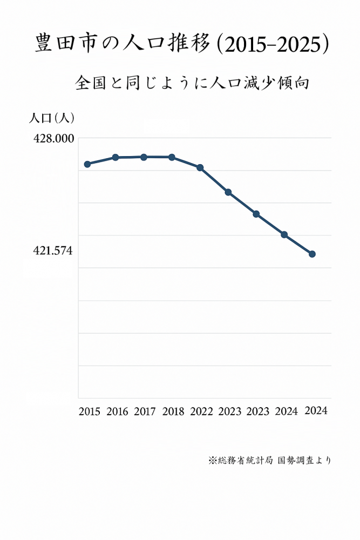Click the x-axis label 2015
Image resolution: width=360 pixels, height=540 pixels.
tap(89, 412)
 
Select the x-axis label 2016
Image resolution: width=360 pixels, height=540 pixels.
tap(117, 412)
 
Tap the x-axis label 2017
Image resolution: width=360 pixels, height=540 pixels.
tap(145, 412)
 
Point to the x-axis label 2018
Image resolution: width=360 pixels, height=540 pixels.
tap(173, 412)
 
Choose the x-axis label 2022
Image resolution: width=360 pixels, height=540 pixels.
tap(201, 412)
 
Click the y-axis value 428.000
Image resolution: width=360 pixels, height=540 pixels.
tap(53, 139)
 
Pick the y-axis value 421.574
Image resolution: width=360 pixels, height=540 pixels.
tap(53, 251)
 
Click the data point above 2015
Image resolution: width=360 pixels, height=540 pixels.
tap(87, 164)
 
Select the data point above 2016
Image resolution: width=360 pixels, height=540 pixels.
tap(116, 158)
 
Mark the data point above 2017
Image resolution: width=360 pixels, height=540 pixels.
tap(144, 157)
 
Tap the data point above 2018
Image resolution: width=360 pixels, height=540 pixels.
tap(172, 157)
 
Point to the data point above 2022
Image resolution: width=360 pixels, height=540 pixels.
tap(200, 167)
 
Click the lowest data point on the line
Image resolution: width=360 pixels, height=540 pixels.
tap(312, 254)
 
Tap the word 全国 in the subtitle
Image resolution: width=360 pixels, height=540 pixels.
tap(90, 84)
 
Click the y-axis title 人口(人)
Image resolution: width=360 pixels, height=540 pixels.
tap(52, 117)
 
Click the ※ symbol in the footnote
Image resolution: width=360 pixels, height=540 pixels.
tap(212, 461)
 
